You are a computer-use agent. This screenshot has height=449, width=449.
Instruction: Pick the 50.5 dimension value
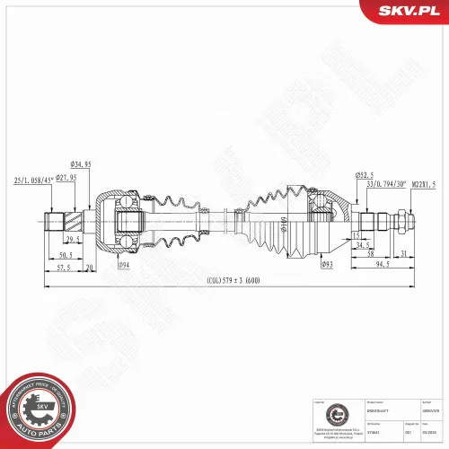click(66, 255)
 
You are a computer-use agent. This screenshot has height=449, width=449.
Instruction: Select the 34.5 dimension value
click(362, 244)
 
